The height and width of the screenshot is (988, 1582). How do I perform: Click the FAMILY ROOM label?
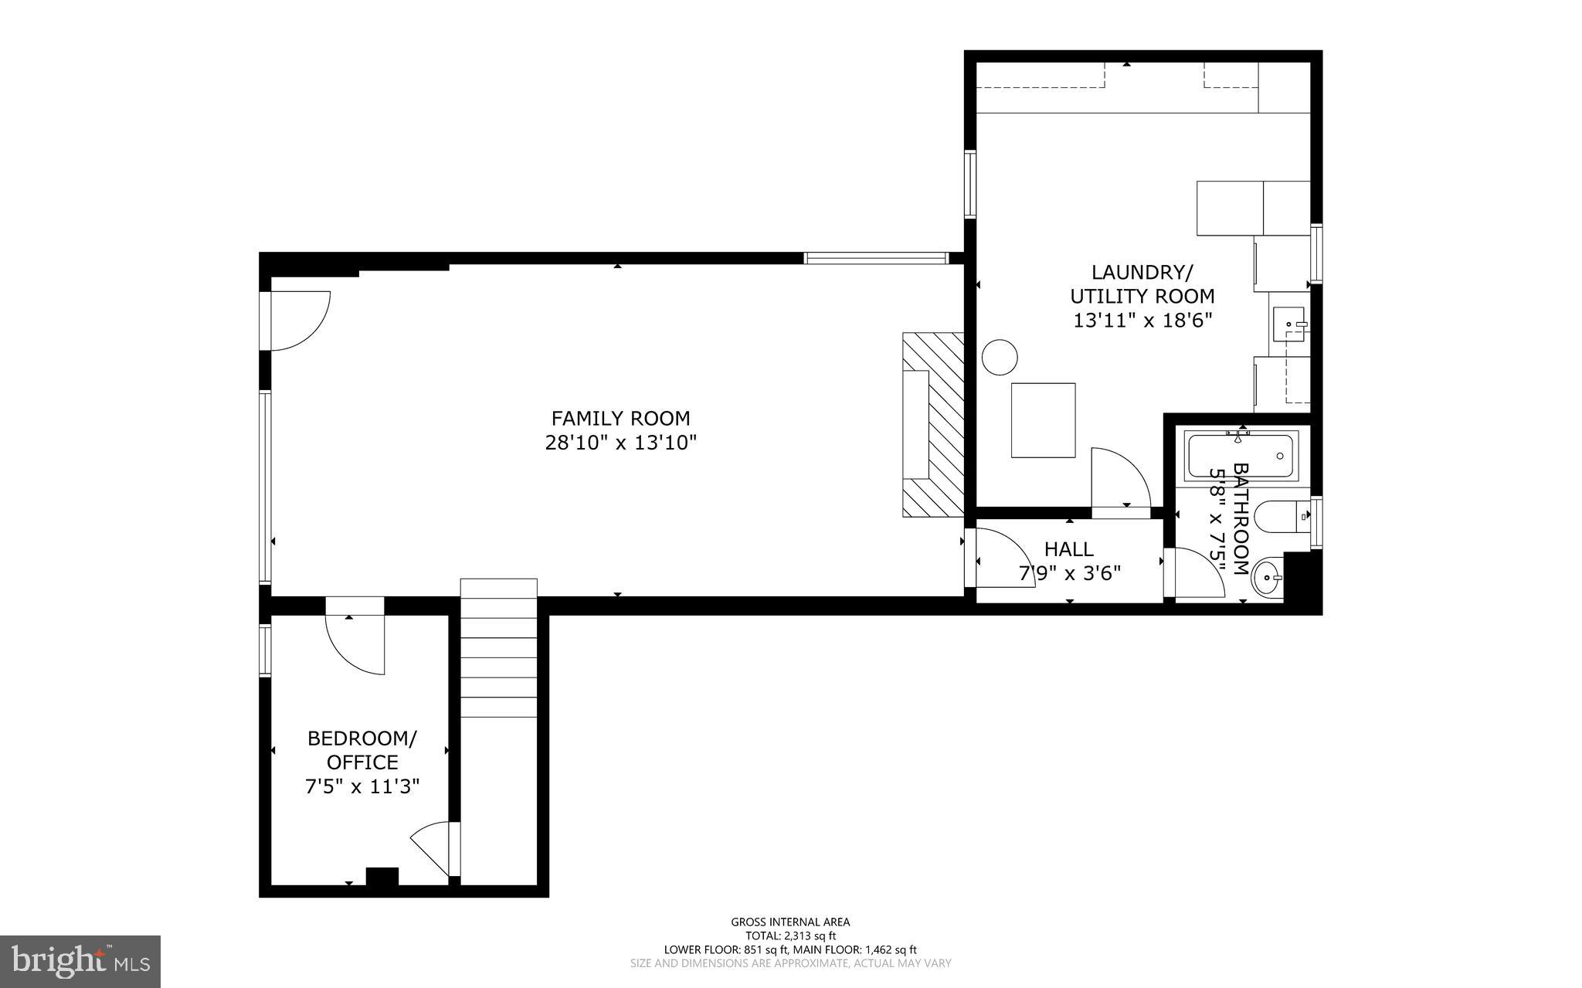(x=620, y=419)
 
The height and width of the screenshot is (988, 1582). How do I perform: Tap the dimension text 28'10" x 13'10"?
(x=620, y=443)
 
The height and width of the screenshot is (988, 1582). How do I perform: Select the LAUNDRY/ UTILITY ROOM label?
(x=1142, y=284)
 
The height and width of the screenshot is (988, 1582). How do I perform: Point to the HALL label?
(x=1069, y=549)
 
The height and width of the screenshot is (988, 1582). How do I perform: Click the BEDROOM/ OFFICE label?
(x=362, y=750)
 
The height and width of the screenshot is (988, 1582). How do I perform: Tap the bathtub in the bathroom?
(x=1241, y=456)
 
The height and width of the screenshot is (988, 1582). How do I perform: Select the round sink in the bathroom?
(x=1267, y=576)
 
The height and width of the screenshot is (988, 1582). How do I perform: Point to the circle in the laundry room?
(x=999, y=358)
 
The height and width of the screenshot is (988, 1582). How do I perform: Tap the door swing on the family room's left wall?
(x=298, y=321)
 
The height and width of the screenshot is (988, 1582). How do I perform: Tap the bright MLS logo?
(x=80, y=960)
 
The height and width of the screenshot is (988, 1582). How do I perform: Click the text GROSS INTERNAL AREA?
(x=790, y=922)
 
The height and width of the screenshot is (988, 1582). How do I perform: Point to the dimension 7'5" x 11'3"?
(x=362, y=787)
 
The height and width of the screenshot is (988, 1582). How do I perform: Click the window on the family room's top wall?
(x=875, y=258)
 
